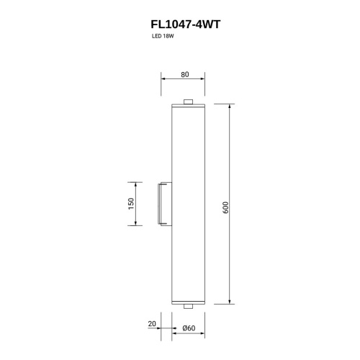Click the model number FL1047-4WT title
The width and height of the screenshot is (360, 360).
point(185,24)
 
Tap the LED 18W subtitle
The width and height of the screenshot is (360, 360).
point(163,37)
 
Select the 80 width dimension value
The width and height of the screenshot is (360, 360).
point(185,75)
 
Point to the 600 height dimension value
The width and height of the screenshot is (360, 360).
point(226,207)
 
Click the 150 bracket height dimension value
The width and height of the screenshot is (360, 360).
point(131,204)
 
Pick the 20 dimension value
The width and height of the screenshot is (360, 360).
point(152,324)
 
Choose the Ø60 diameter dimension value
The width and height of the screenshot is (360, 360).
point(189,328)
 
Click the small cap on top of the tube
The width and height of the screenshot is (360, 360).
point(189,102)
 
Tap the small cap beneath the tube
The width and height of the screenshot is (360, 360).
point(189,306)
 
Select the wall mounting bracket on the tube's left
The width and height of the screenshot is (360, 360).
point(165,204)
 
